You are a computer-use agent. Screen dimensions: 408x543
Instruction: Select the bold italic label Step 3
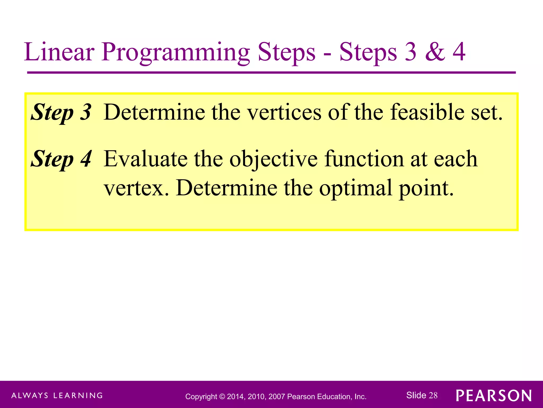pos(61,112)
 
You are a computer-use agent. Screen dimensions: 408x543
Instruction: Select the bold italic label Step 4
pos(61,159)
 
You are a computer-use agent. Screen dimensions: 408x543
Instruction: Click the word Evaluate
pos(146,159)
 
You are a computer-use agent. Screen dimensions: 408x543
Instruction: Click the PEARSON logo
pos(494,396)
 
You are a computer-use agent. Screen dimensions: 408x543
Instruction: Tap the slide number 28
pos(433,395)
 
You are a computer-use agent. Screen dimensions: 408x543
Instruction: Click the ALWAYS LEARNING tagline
pos(57,396)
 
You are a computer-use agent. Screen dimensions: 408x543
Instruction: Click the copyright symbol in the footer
pos(222,397)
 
